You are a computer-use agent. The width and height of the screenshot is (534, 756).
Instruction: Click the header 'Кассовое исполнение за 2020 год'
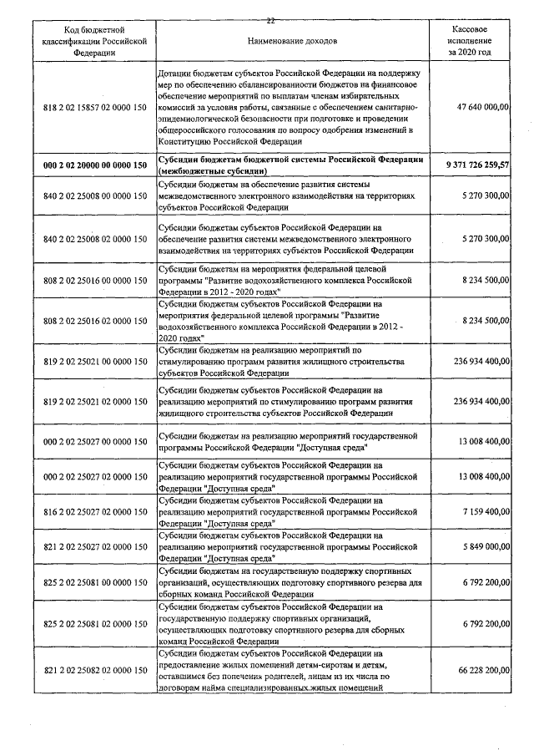point(469,39)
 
